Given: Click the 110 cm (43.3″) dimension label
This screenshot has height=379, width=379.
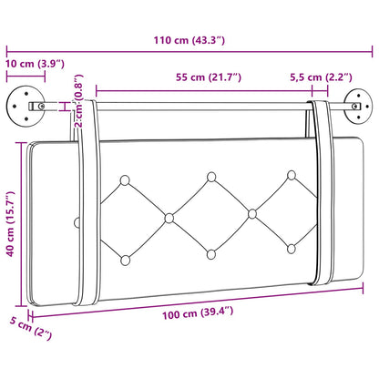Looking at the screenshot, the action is [x=189, y=40].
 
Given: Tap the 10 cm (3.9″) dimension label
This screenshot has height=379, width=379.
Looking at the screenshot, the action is [x=35, y=64].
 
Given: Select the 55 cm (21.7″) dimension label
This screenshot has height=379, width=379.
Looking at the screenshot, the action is [x=209, y=77].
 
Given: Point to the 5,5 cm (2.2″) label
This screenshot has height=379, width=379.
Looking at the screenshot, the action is [x=321, y=77].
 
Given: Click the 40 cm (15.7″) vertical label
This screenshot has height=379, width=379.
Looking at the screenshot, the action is [x=11, y=224].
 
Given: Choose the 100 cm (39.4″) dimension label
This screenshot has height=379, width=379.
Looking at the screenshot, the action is [x=198, y=312].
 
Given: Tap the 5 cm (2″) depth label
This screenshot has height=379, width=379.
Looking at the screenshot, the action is [x=31, y=328].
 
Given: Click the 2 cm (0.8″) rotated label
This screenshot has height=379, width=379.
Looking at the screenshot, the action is [x=78, y=101].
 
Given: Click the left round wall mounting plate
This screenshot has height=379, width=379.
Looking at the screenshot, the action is [x=26, y=107].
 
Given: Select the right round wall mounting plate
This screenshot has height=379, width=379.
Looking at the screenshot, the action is [x=359, y=107].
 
